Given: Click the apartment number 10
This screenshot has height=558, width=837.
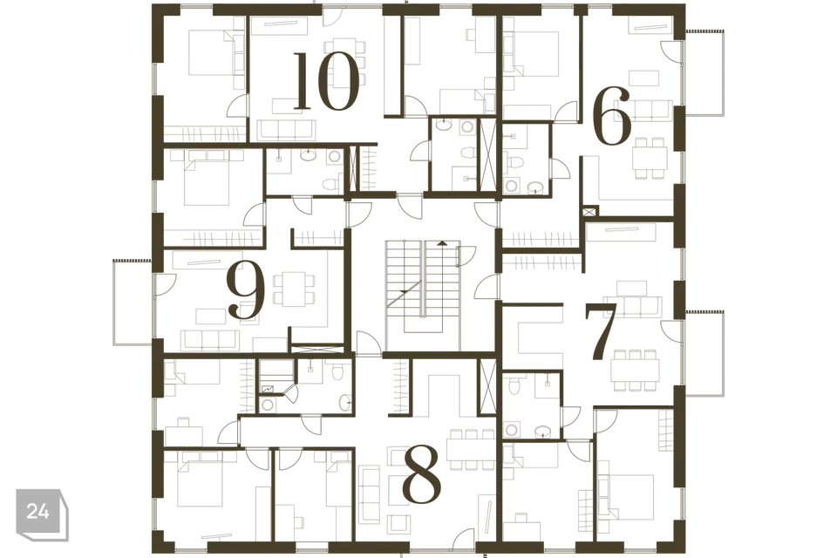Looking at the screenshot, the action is [x=326, y=81].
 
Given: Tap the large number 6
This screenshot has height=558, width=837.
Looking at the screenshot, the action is [x=612, y=117].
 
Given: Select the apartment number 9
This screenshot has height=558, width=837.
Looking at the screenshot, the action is [x=246, y=291].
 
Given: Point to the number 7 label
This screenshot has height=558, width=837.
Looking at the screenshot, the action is [x=602, y=331].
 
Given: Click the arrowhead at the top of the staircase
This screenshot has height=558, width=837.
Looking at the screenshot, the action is [x=441, y=243].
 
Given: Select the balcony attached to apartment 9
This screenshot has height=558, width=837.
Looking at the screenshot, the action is [x=133, y=303].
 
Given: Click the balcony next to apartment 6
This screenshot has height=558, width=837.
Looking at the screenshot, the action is [x=704, y=72].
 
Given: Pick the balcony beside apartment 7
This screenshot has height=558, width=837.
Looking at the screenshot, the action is [x=704, y=352].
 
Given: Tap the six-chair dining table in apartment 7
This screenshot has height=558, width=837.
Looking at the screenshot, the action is [x=635, y=370].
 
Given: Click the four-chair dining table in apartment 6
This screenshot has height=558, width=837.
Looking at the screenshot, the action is [x=649, y=158].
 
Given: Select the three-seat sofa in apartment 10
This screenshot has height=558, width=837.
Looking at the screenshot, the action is [x=286, y=130].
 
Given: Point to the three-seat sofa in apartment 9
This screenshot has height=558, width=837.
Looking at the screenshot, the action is [x=209, y=340].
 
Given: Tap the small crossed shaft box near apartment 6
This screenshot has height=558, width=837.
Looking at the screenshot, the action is [x=589, y=212].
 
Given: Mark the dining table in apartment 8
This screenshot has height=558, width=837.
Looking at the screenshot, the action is [x=472, y=450].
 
